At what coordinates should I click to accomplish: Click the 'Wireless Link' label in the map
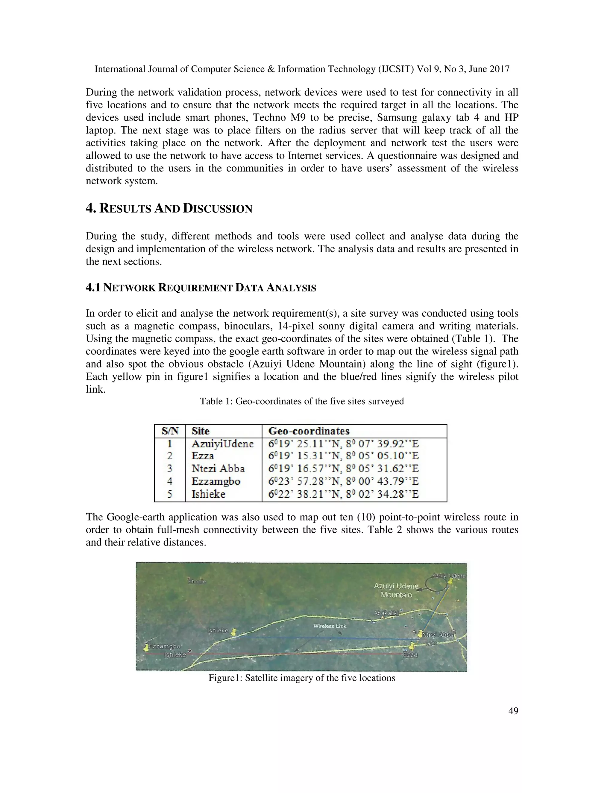330,626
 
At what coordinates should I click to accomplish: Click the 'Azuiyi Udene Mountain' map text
396,590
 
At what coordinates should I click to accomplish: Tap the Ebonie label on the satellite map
196,581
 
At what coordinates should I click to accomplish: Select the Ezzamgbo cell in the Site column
216,481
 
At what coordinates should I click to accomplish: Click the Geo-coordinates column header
309,431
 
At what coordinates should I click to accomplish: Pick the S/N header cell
170,431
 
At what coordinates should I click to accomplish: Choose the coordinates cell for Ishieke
343,494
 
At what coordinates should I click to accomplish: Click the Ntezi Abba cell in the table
218,468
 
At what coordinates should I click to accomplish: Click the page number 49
513,711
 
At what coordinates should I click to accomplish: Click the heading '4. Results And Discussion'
169,208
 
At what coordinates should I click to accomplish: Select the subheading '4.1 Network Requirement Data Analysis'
201,288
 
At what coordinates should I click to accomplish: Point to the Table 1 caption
301,401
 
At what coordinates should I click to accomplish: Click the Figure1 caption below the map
301,678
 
